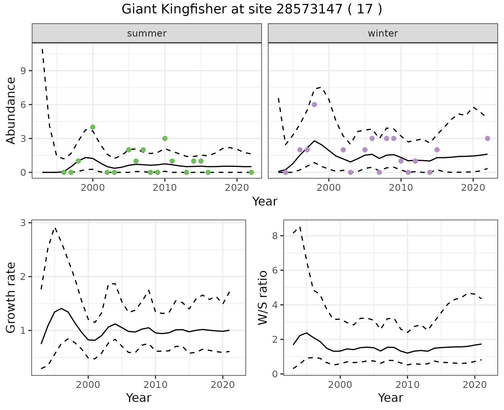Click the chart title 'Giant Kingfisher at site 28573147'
coord(252,9)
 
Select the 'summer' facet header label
coord(147,33)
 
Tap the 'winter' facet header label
coord(383,33)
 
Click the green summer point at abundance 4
coord(93,127)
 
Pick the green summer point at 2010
coord(165,139)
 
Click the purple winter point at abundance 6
coord(314,105)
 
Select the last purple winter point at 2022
coord(487,139)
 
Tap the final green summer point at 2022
coord(251,172)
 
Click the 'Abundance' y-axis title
coord(11,110)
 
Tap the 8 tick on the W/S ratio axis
coord(275,236)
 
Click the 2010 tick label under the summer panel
coord(165,188)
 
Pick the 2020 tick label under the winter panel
coord(473,188)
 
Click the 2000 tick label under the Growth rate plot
coord(88,385)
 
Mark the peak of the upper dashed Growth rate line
coord(55,228)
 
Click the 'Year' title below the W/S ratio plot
coord(390,398)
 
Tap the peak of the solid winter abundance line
coord(314,141)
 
